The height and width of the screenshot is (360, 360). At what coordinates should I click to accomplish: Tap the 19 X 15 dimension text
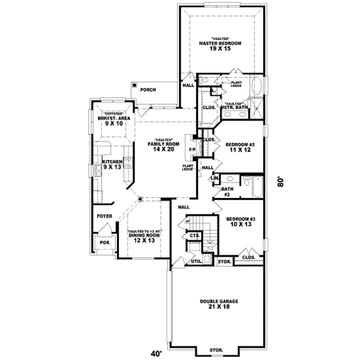pyautogui.click(x=220, y=50)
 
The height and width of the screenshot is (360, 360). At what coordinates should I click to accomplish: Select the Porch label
pyautogui.click(x=148, y=89)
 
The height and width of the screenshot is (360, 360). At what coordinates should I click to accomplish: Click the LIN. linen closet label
pyautogui.click(x=214, y=178)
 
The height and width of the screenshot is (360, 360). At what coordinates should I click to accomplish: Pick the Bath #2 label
pyautogui.click(x=227, y=191)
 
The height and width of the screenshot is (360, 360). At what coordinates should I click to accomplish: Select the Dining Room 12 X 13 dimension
pyautogui.click(x=144, y=241)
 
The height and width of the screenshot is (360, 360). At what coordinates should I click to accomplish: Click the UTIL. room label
pyautogui.click(x=196, y=262)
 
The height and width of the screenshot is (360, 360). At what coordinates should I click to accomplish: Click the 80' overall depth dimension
pyautogui.click(x=280, y=182)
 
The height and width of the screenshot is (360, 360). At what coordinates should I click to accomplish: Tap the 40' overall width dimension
pyautogui.click(x=157, y=353)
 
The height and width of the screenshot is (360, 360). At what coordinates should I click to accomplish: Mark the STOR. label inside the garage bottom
pyautogui.click(x=216, y=349)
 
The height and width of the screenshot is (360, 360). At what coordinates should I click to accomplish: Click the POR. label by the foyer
pyautogui.click(x=104, y=244)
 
